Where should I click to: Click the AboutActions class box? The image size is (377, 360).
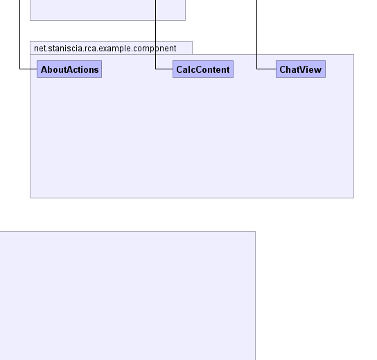tap(69, 69)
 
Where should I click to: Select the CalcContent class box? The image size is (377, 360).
tap(203, 69)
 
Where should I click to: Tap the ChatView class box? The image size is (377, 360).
tap(301, 69)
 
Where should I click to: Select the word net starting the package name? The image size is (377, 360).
tap(40, 49)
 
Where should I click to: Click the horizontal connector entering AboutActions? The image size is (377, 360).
tap(28, 69)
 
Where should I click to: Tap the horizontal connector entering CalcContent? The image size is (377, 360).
tap(164, 69)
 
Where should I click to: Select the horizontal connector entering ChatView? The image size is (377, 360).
tap(266, 69)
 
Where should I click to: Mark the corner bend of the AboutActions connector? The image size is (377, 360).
tap(19, 69)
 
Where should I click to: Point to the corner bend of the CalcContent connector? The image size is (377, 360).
tap(155, 69)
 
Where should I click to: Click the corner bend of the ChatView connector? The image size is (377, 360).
tap(257, 69)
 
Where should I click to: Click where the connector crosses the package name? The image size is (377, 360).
tap(155, 49)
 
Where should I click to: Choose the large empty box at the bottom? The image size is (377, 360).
tap(128, 295)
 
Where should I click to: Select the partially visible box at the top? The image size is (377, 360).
tap(107, 10)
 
